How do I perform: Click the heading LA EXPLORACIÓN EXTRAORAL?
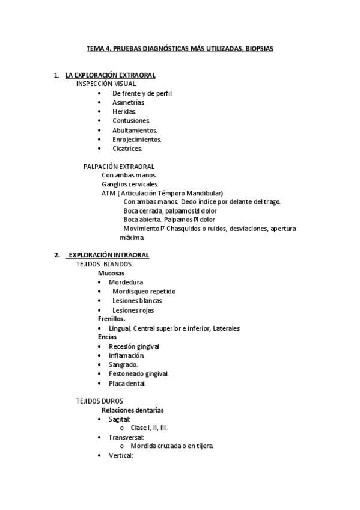coord(110,75)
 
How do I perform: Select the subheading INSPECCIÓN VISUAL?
coord(106,84)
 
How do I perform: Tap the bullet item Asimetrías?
coord(128,102)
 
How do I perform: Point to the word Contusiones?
coord(131,121)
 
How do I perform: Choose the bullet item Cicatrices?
coord(127,148)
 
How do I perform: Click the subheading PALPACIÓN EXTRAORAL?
coord(119,166)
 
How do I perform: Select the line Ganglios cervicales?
coord(130,184)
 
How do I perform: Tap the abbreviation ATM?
coord(108,193)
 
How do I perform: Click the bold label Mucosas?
coord(111,273)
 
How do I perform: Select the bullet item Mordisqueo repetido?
coord(144,291)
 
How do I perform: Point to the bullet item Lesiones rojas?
coord(133,310)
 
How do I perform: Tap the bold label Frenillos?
coord(112,319)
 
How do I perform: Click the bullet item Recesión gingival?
coord(134,346)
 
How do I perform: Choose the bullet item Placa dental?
coord(127,383)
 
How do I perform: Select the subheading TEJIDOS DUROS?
coord(100,401)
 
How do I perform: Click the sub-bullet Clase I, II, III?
coord(149,428)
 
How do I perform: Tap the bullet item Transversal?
coord(126,437)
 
